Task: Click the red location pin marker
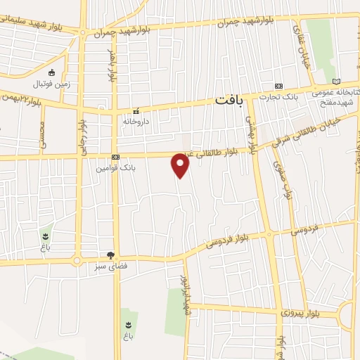pyautogui.click(x=181, y=165)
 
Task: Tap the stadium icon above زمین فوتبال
pyautogui.click(x=51, y=72)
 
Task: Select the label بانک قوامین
pyautogui.click(x=115, y=168)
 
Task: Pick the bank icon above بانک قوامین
pyautogui.click(x=115, y=157)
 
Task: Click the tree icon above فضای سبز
pyautogui.click(x=110, y=255)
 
